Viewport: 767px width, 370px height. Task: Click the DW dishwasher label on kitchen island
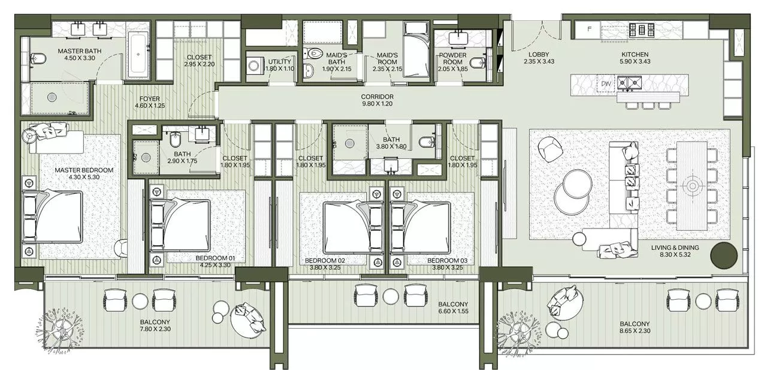point(606,85)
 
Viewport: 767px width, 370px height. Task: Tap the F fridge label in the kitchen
point(590,28)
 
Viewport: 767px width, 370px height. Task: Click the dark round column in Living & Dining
point(723,255)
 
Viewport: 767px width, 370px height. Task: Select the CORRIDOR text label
point(377,97)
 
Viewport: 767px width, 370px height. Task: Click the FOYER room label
point(149,98)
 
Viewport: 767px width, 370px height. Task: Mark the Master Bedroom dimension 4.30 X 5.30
point(84,178)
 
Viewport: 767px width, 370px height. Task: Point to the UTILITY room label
point(279,62)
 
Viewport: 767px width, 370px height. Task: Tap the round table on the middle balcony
point(390,295)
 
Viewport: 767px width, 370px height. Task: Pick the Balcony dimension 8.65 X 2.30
point(635,330)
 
